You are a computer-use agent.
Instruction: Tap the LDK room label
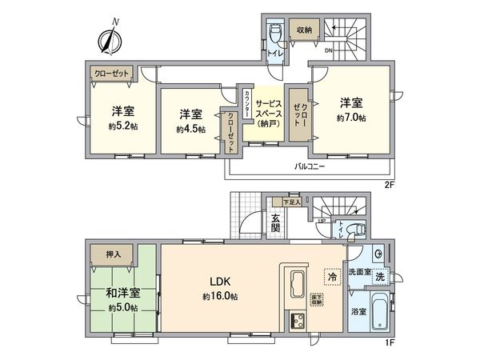pos(221,282)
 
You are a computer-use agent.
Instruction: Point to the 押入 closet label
pos(114,254)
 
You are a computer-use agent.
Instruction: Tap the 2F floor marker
pos(391,184)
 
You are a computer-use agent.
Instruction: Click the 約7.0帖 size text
pos(351,118)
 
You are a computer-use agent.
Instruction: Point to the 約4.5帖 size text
pos(190,128)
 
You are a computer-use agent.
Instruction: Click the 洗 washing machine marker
pos(381,276)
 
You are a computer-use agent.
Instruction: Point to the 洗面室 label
pos(358,273)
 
